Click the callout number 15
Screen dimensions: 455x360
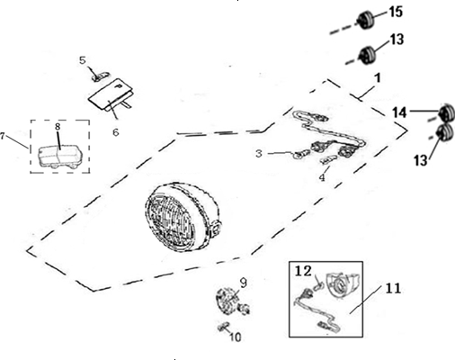396,12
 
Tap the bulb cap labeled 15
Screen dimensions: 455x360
366,20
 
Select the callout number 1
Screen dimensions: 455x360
379,77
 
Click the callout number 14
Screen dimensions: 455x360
400,112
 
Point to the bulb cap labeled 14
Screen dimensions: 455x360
447,112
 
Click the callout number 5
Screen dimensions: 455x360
83,60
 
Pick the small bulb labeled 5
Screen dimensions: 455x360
101,76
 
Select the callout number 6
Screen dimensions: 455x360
116,132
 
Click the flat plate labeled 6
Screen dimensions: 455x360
111,95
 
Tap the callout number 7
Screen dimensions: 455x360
3,136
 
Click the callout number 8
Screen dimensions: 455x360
58,127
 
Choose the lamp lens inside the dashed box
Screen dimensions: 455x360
59,156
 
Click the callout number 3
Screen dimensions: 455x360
259,153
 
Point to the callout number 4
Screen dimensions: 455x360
322,177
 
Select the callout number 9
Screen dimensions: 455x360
244,283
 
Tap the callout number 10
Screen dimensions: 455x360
236,337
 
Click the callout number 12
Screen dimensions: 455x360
304,271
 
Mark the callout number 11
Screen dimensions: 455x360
393,288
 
